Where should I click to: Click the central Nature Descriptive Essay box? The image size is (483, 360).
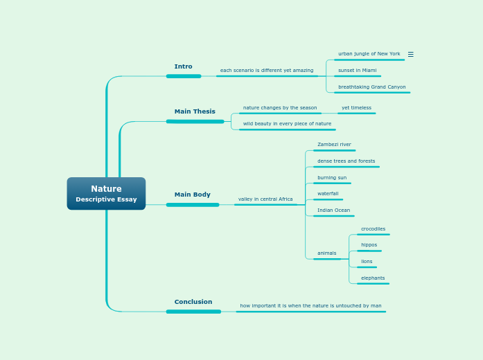coord(106,193)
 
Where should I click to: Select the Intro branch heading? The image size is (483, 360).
coord(184,67)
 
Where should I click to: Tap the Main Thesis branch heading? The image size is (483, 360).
coord(195,111)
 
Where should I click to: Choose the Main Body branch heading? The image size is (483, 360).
coord(192,195)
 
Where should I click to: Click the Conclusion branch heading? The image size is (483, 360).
coord(193,302)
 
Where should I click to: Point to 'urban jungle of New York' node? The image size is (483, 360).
coord(369,54)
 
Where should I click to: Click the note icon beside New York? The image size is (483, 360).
coord(410,54)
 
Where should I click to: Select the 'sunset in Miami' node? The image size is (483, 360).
coord(357,71)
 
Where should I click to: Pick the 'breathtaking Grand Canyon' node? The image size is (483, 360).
coord(371,87)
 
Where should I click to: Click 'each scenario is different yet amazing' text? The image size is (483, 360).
coord(267,71)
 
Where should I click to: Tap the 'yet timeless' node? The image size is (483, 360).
coord(356,108)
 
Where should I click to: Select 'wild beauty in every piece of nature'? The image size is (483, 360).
coord(287,124)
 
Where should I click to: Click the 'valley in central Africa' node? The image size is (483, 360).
coord(265,199)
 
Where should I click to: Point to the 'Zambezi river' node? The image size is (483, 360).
coord(334,145)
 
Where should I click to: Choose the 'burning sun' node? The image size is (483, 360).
coord(332,178)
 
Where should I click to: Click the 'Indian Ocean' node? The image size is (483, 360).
coord(333,210)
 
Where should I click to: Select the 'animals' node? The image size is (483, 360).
coord(326,253)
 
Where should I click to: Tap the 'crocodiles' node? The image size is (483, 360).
coord(373,229)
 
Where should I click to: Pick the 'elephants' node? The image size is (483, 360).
coord(373,278)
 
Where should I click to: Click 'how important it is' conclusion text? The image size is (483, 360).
coord(310,306)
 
